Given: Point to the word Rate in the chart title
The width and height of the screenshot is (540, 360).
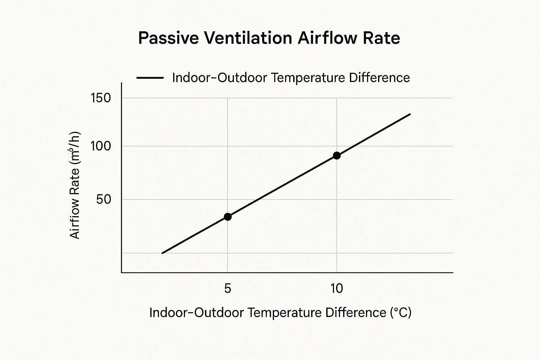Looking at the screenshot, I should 384,38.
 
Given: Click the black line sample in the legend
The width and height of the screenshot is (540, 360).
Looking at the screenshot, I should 150,78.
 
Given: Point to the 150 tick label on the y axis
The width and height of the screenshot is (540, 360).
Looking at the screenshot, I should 101,98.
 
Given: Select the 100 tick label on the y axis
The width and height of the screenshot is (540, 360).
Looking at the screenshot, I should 101,146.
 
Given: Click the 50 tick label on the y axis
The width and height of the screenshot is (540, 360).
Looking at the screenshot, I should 103,200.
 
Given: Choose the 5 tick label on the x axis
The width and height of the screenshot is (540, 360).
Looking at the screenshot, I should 227,289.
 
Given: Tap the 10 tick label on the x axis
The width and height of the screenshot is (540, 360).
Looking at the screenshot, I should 336,289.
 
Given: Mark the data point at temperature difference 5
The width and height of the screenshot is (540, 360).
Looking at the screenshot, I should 228,217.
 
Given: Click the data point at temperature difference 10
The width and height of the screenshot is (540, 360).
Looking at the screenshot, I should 336,155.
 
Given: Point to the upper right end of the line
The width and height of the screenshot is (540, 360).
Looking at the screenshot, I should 410,114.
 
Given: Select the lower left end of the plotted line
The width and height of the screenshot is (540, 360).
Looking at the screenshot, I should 162,253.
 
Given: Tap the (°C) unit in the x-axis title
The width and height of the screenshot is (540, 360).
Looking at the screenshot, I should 400,313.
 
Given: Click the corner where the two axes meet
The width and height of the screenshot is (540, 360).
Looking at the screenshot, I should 122,272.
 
